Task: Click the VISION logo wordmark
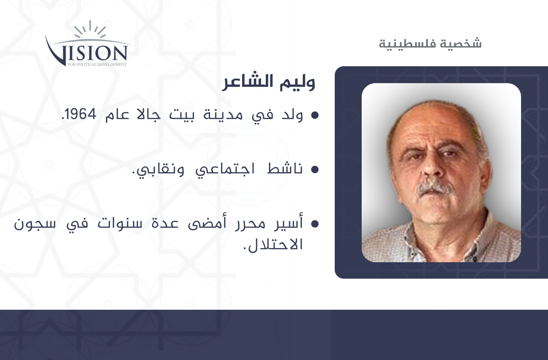tap(86, 51)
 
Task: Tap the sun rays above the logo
tap(90, 29)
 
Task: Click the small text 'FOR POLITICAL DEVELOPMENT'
tap(97, 64)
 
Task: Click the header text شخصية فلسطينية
tap(430, 44)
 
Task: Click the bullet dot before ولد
tap(315, 115)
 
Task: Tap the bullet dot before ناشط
tap(315, 169)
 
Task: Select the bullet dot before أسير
tap(315, 223)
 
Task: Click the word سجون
tap(35, 224)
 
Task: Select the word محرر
tap(250, 224)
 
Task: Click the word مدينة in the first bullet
tap(223, 115)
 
